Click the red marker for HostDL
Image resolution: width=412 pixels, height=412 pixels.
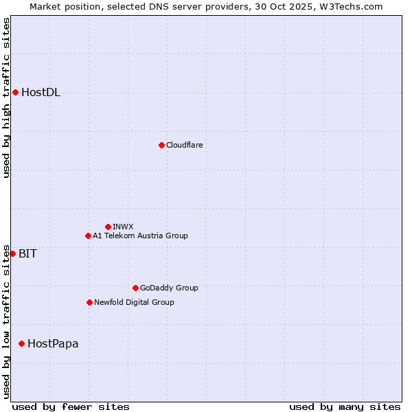(x=15, y=93)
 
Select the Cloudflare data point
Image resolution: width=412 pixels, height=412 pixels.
(x=161, y=145)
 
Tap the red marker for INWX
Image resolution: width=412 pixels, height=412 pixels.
(x=108, y=227)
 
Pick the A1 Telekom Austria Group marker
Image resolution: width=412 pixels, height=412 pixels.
(x=88, y=236)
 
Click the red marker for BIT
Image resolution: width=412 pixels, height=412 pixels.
(x=12, y=253)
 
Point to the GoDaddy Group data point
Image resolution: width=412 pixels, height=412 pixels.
(x=135, y=288)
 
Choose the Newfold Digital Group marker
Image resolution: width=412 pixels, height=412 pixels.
(x=89, y=302)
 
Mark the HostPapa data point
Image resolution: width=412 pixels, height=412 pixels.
(x=22, y=343)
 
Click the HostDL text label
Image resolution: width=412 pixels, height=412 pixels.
(x=41, y=93)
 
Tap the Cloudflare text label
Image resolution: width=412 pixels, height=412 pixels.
(x=184, y=145)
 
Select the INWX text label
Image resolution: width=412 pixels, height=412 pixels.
(x=123, y=227)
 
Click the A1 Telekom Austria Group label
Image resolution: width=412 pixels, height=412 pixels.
(x=140, y=236)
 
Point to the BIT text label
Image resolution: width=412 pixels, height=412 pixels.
(x=27, y=253)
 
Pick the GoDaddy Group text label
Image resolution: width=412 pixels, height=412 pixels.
(x=168, y=288)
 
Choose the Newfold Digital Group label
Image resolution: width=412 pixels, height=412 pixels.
(x=134, y=302)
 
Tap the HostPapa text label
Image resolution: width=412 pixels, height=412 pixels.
(x=53, y=343)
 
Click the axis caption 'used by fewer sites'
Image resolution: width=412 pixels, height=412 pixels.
(x=71, y=407)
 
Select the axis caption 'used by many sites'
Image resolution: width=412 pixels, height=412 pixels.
(x=345, y=407)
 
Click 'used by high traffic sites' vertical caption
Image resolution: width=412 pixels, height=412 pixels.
(x=7, y=98)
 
